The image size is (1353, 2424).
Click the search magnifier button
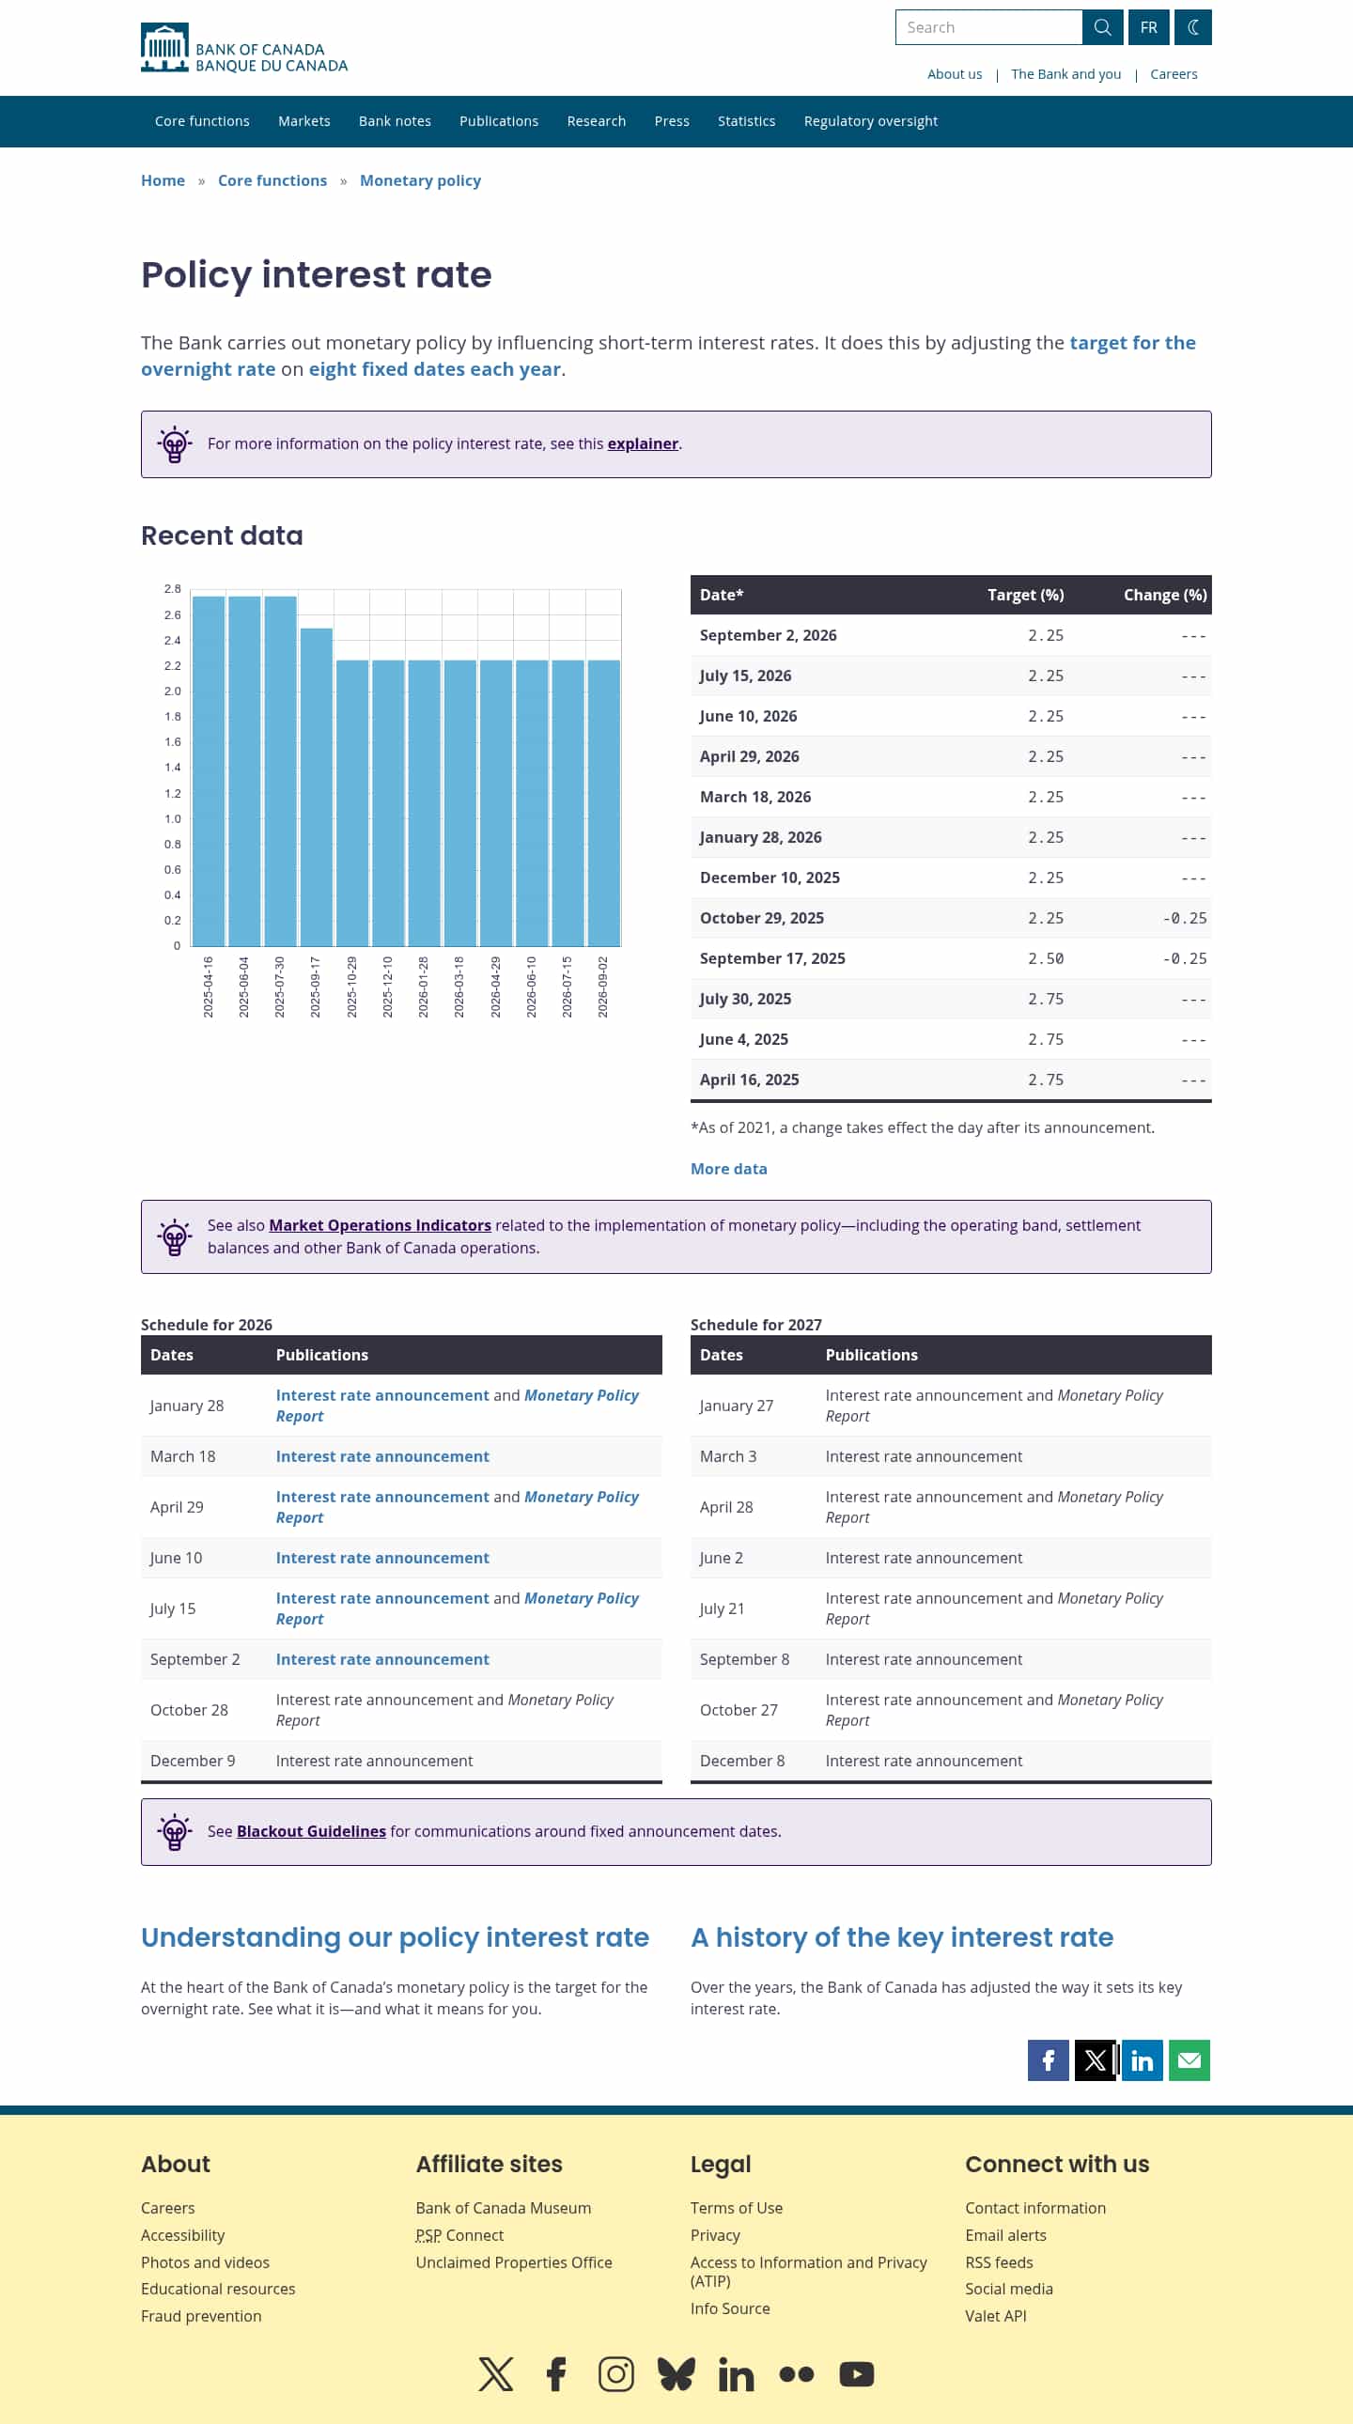1102,27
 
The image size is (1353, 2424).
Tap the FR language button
1148,27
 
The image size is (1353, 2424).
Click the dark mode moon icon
1192,27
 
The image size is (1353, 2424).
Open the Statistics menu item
746,121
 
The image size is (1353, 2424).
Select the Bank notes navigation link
395,121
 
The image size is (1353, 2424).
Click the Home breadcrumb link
163,180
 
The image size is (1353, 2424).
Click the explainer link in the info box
643,443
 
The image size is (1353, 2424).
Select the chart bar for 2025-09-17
316,786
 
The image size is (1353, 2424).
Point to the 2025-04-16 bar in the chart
209,770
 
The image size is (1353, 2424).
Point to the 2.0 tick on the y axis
173,691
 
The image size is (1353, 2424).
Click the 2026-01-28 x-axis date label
424,987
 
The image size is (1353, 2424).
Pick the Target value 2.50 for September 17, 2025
1046,958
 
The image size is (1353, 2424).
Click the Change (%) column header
1165,595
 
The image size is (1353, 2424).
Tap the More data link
728,1169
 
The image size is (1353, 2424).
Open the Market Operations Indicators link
381,1225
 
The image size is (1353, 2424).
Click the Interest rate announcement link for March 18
382,1455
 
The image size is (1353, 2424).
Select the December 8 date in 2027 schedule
741,1761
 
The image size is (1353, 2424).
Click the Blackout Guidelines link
311,1831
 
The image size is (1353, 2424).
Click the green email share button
1190,2059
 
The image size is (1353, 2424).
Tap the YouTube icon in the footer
856,2374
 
